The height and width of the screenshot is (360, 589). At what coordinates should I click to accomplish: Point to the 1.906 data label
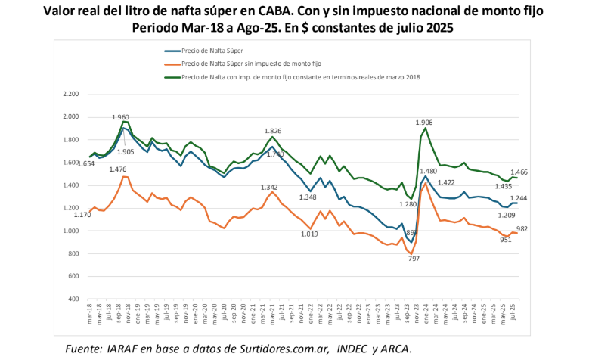tap(424, 123)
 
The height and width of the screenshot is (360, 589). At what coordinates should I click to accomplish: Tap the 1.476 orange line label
tap(116, 169)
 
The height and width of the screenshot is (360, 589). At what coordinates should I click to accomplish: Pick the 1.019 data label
tap(309, 234)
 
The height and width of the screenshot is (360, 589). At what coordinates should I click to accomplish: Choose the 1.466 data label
tap(519, 172)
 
